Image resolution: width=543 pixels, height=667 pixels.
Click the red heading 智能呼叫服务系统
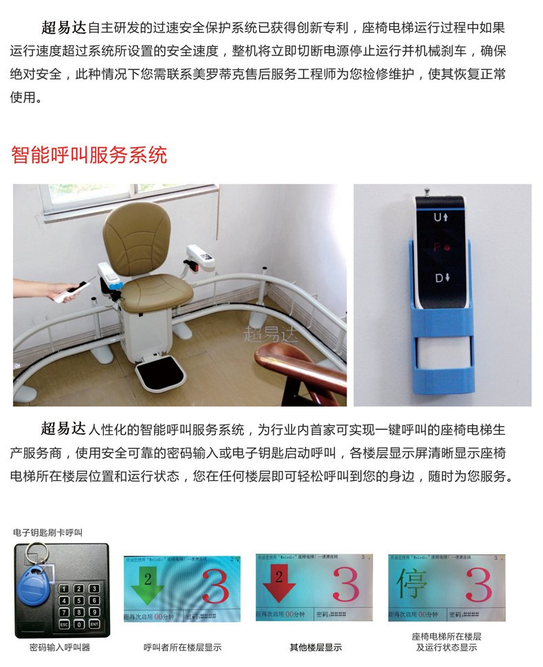[x=89, y=155]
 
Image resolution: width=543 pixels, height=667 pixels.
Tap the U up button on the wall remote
[x=441, y=217]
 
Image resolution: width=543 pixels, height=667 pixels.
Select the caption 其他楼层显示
[x=315, y=647]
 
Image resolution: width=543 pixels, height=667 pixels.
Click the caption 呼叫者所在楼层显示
[x=182, y=647]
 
